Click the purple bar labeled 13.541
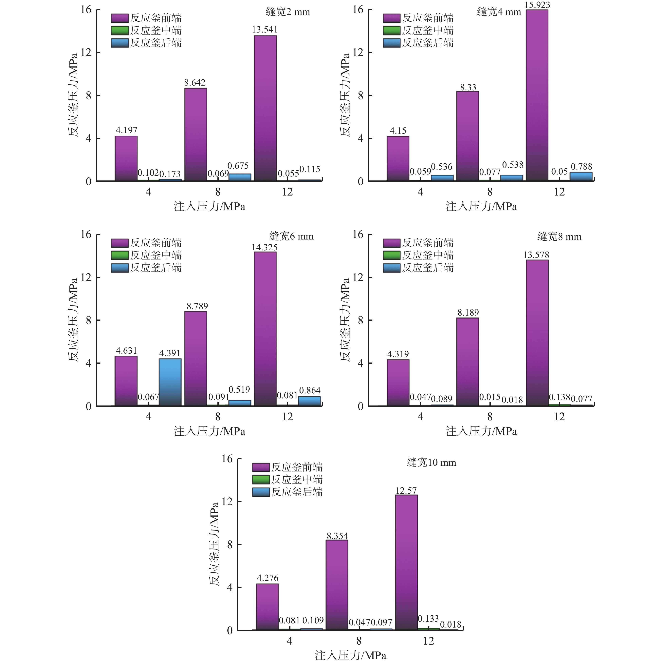coord(265,108)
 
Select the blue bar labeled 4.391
coord(170,382)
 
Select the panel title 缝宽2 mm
coord(288,12)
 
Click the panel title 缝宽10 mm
coord(431,463)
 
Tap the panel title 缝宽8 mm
coord(559,237)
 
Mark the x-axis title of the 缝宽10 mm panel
coord(350,655)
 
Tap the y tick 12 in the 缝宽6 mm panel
coord(86,277)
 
